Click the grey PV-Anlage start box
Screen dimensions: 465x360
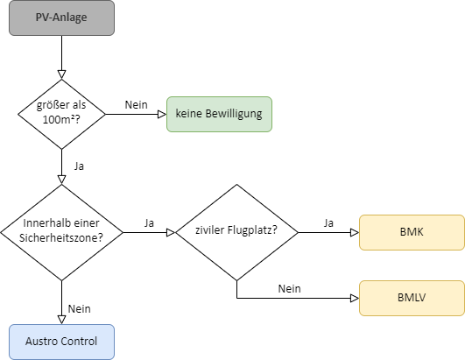(61, 18)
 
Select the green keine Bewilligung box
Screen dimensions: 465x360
(219, 114)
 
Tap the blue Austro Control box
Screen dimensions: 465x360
(61, 342)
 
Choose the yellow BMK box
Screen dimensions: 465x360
(412, 232)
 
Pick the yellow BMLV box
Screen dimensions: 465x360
(412, 298)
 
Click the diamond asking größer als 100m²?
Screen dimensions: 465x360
(61, 114)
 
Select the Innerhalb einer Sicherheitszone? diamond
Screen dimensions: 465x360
(61, 232)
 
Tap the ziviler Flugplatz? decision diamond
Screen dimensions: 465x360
(236, 232)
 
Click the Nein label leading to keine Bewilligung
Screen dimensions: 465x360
(136, 105)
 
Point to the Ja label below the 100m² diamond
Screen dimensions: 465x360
(79, 166)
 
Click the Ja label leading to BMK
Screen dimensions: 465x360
(328, 223)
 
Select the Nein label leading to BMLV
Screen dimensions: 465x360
(290, 288)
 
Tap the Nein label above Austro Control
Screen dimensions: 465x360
(79, 308)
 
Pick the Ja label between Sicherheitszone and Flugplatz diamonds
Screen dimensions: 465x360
(149, 223)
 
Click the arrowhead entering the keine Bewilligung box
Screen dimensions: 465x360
(162, 114)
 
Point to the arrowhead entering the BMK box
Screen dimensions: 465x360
(355, 232)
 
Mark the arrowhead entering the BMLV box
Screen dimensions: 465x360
(355, 298)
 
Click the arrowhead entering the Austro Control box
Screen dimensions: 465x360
(61, 320)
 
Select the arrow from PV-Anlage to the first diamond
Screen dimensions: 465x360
(61, 57)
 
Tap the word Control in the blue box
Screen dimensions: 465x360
(81, 342)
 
